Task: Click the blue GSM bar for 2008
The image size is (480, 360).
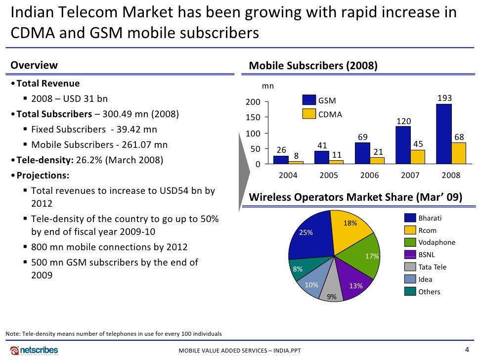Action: coord(444,134)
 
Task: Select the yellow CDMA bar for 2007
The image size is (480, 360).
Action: coord(418,156)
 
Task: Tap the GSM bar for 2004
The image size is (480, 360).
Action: coord(281,159)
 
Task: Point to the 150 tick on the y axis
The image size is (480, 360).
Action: coord(254,117)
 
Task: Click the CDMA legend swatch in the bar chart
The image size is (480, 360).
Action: coord(309,114)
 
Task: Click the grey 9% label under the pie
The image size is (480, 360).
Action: coord(332,297)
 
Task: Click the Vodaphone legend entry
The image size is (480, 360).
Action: coord(436,242)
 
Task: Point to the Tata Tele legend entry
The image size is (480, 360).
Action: coord(432,267)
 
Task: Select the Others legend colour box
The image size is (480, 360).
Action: coord(410,291)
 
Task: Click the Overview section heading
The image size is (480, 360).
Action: coord(34,65)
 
